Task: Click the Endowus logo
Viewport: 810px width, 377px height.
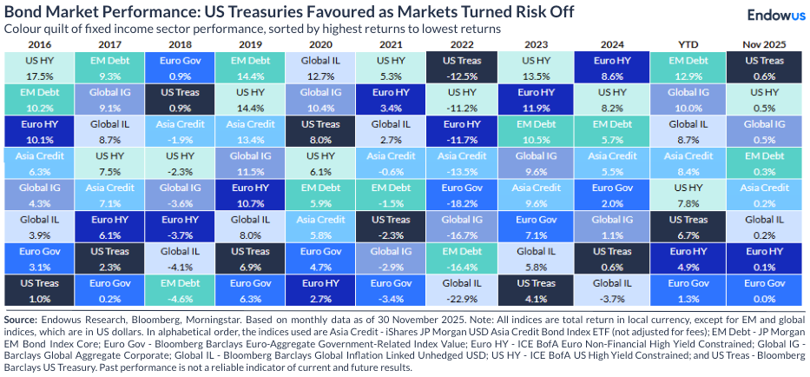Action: tap(774, 15)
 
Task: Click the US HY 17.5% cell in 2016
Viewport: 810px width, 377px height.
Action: tap(39, 68)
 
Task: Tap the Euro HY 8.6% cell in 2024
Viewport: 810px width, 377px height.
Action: tap(620, 68)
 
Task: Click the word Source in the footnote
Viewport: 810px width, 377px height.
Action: tap(23, 321)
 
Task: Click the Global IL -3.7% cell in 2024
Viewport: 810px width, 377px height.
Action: tap(620, 290)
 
